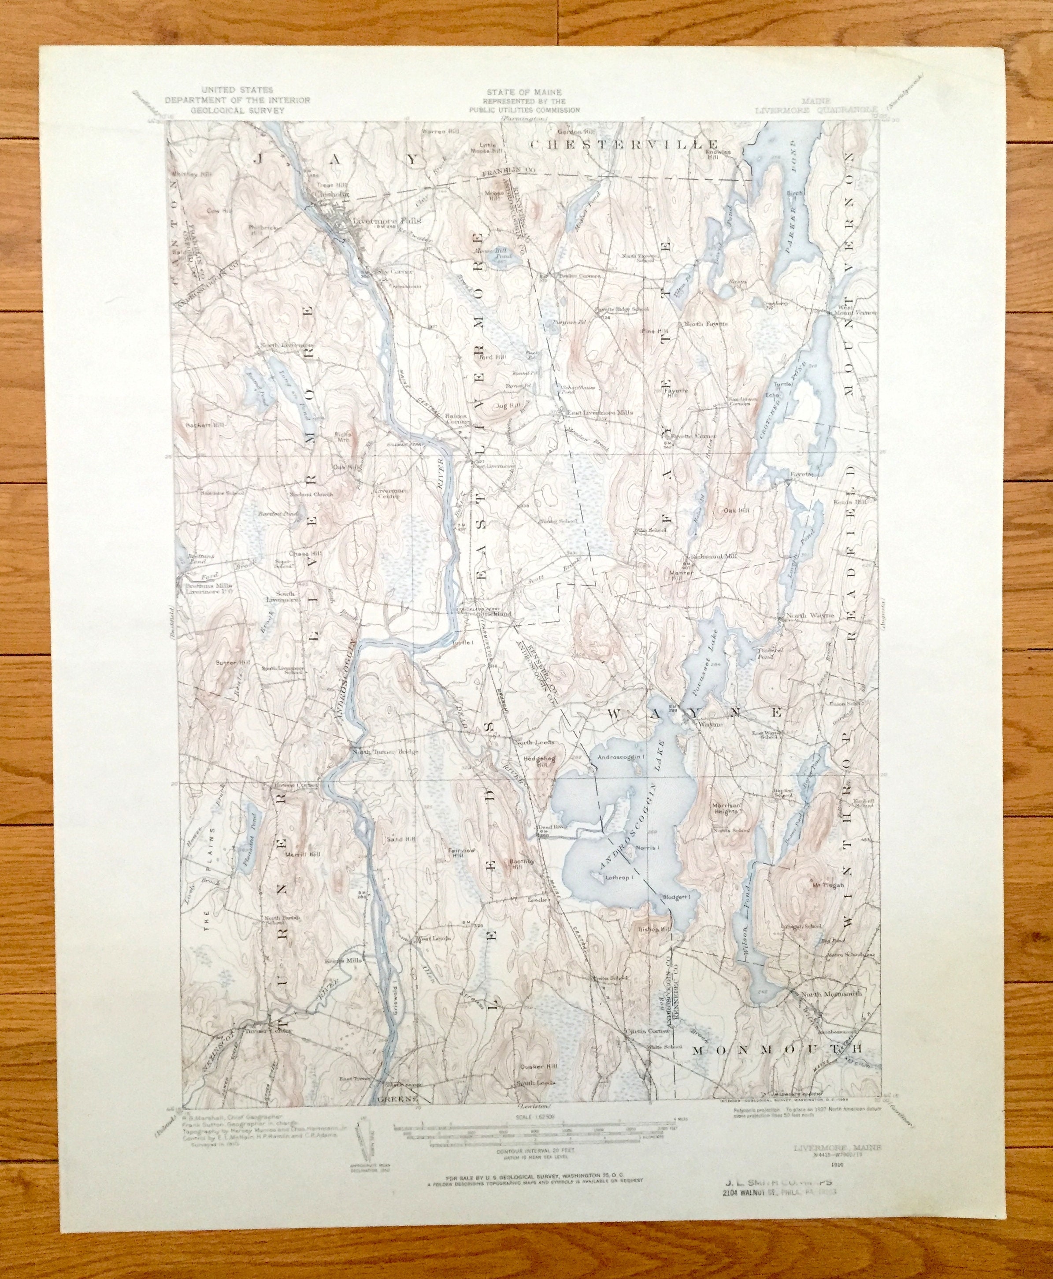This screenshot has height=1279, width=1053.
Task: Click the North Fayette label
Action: click(x=705, y=324)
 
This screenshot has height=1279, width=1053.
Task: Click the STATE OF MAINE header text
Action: click(x=523, y=92)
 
